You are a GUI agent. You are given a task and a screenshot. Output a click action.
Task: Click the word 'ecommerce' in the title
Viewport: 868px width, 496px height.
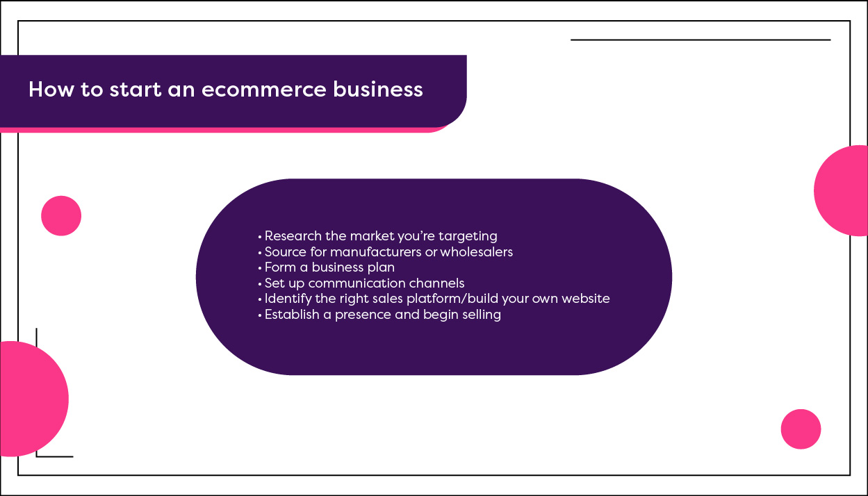pyautogui.click(x=263, y=90)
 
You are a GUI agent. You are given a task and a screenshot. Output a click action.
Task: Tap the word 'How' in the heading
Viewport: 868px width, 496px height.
pyautogui.click(x=51, y=90)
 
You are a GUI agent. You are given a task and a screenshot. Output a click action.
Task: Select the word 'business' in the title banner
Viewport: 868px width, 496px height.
pyautogui.click(x=378, y=89)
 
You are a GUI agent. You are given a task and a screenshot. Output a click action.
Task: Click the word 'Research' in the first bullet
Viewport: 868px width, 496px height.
pyautogui.click(x=293, y=235)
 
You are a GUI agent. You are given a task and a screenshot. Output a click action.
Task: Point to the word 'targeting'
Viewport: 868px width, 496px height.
pyautogui.click(x=468, y=237)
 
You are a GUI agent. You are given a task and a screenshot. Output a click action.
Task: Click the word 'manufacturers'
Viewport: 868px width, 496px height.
pyautogui.click(x=375, y=252)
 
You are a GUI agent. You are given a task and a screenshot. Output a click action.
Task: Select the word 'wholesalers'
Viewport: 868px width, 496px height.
pyautogui.click(x=476, y=252)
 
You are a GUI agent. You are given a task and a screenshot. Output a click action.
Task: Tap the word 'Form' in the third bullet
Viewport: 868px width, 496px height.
pyautogui.click(x=280, y=267)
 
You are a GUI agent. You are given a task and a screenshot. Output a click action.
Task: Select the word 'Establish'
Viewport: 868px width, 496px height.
pyautogui.click(x=292, y=315)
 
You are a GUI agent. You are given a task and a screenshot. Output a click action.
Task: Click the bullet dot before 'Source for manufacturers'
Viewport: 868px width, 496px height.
pyautogui.click(x=260, y=253)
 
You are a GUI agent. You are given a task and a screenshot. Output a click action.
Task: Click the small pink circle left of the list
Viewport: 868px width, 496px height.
pyautogui.click(x=61, y=215)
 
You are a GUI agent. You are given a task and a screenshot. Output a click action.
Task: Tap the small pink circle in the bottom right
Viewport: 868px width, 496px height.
pyautogui.click(x=801, y=429)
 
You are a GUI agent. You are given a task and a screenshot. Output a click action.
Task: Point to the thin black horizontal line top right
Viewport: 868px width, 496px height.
pyautogui.click(x=701, y=40)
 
